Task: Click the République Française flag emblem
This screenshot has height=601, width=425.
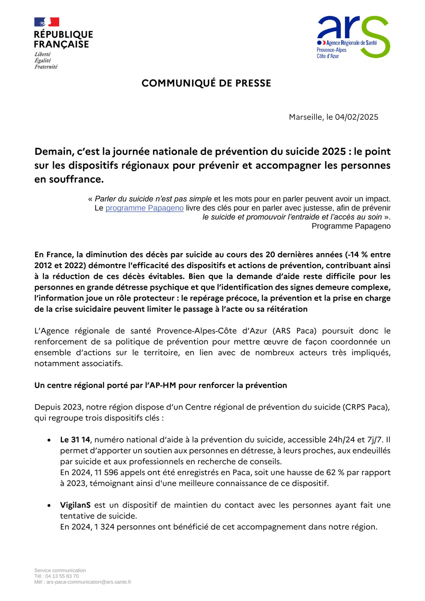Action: coord(47,22)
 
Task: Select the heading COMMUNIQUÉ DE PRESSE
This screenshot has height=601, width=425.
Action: coord(206,83)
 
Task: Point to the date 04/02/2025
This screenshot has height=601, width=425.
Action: coord(356,117)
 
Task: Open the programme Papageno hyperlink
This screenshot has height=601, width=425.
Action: coord(144,208)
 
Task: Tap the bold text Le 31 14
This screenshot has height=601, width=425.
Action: coord(75,440)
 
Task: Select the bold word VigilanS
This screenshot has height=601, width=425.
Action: coord(75,505)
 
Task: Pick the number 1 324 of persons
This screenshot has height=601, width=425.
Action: coord(104,527)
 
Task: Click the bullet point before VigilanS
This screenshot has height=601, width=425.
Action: coord(49,505)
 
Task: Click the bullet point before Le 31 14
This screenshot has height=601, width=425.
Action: coord(49,440)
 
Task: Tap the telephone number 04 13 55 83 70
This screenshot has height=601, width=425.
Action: coord(62,576)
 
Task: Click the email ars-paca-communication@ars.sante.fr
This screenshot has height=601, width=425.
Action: coord(89,582)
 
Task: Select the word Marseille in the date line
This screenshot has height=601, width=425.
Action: coord(306,117)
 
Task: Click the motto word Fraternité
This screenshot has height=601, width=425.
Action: coord(46,67)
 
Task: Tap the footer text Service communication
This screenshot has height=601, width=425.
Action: coord(60,570)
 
